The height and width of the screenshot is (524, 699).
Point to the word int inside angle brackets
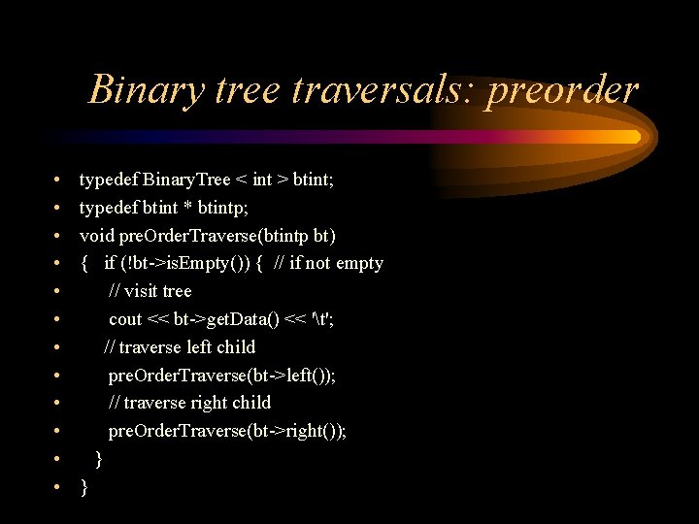point(262,180)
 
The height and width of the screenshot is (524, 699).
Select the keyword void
point(97,236)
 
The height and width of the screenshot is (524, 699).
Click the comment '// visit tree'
point(150,291)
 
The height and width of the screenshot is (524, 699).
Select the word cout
point(125,319)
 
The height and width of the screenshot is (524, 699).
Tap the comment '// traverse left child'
point(180,347)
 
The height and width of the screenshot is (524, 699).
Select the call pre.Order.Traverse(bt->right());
point(227,431)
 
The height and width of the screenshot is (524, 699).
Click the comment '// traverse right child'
point(189,403)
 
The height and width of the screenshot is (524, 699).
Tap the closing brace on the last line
point(83,487)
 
